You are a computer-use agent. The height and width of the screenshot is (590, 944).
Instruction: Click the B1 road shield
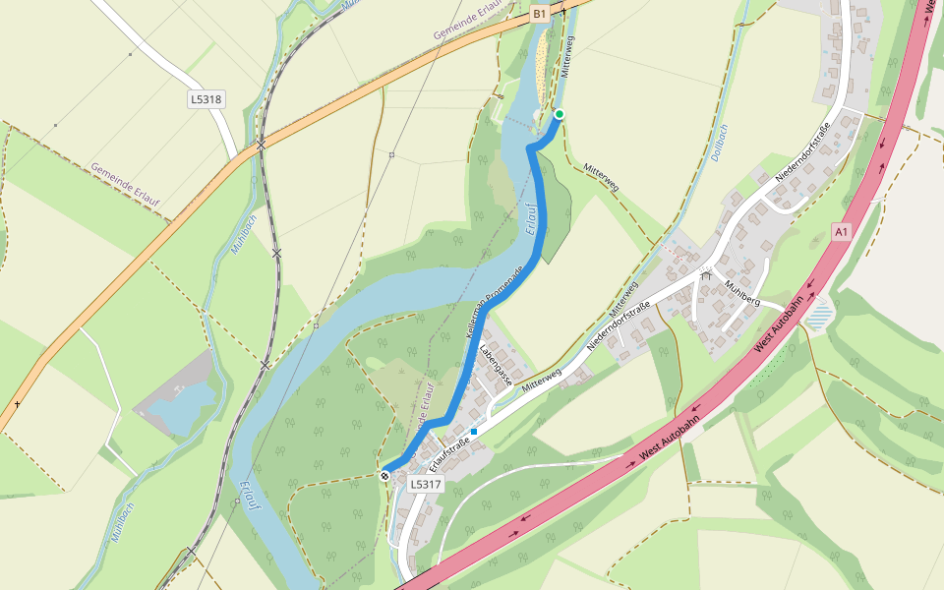coord(539,14)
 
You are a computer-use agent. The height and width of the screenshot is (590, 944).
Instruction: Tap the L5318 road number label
coord(206,99)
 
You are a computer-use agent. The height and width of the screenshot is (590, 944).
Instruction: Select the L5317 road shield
coord(426,485)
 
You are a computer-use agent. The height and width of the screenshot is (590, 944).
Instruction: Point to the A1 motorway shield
coord(840,232)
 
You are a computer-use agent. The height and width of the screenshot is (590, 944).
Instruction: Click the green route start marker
coord(560,115)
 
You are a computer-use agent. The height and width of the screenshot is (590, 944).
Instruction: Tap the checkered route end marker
coord(385,476)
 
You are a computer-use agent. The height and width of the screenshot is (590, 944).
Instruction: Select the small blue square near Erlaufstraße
coord(474,432)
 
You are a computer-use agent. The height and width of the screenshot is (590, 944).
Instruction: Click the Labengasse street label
coord(497,364)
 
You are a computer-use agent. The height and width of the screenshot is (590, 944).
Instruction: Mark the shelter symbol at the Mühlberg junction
coord(705,275)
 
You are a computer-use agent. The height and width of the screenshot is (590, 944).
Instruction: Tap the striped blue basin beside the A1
coord(819,315)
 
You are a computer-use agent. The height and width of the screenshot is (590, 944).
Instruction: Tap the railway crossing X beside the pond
coord(265,366)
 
